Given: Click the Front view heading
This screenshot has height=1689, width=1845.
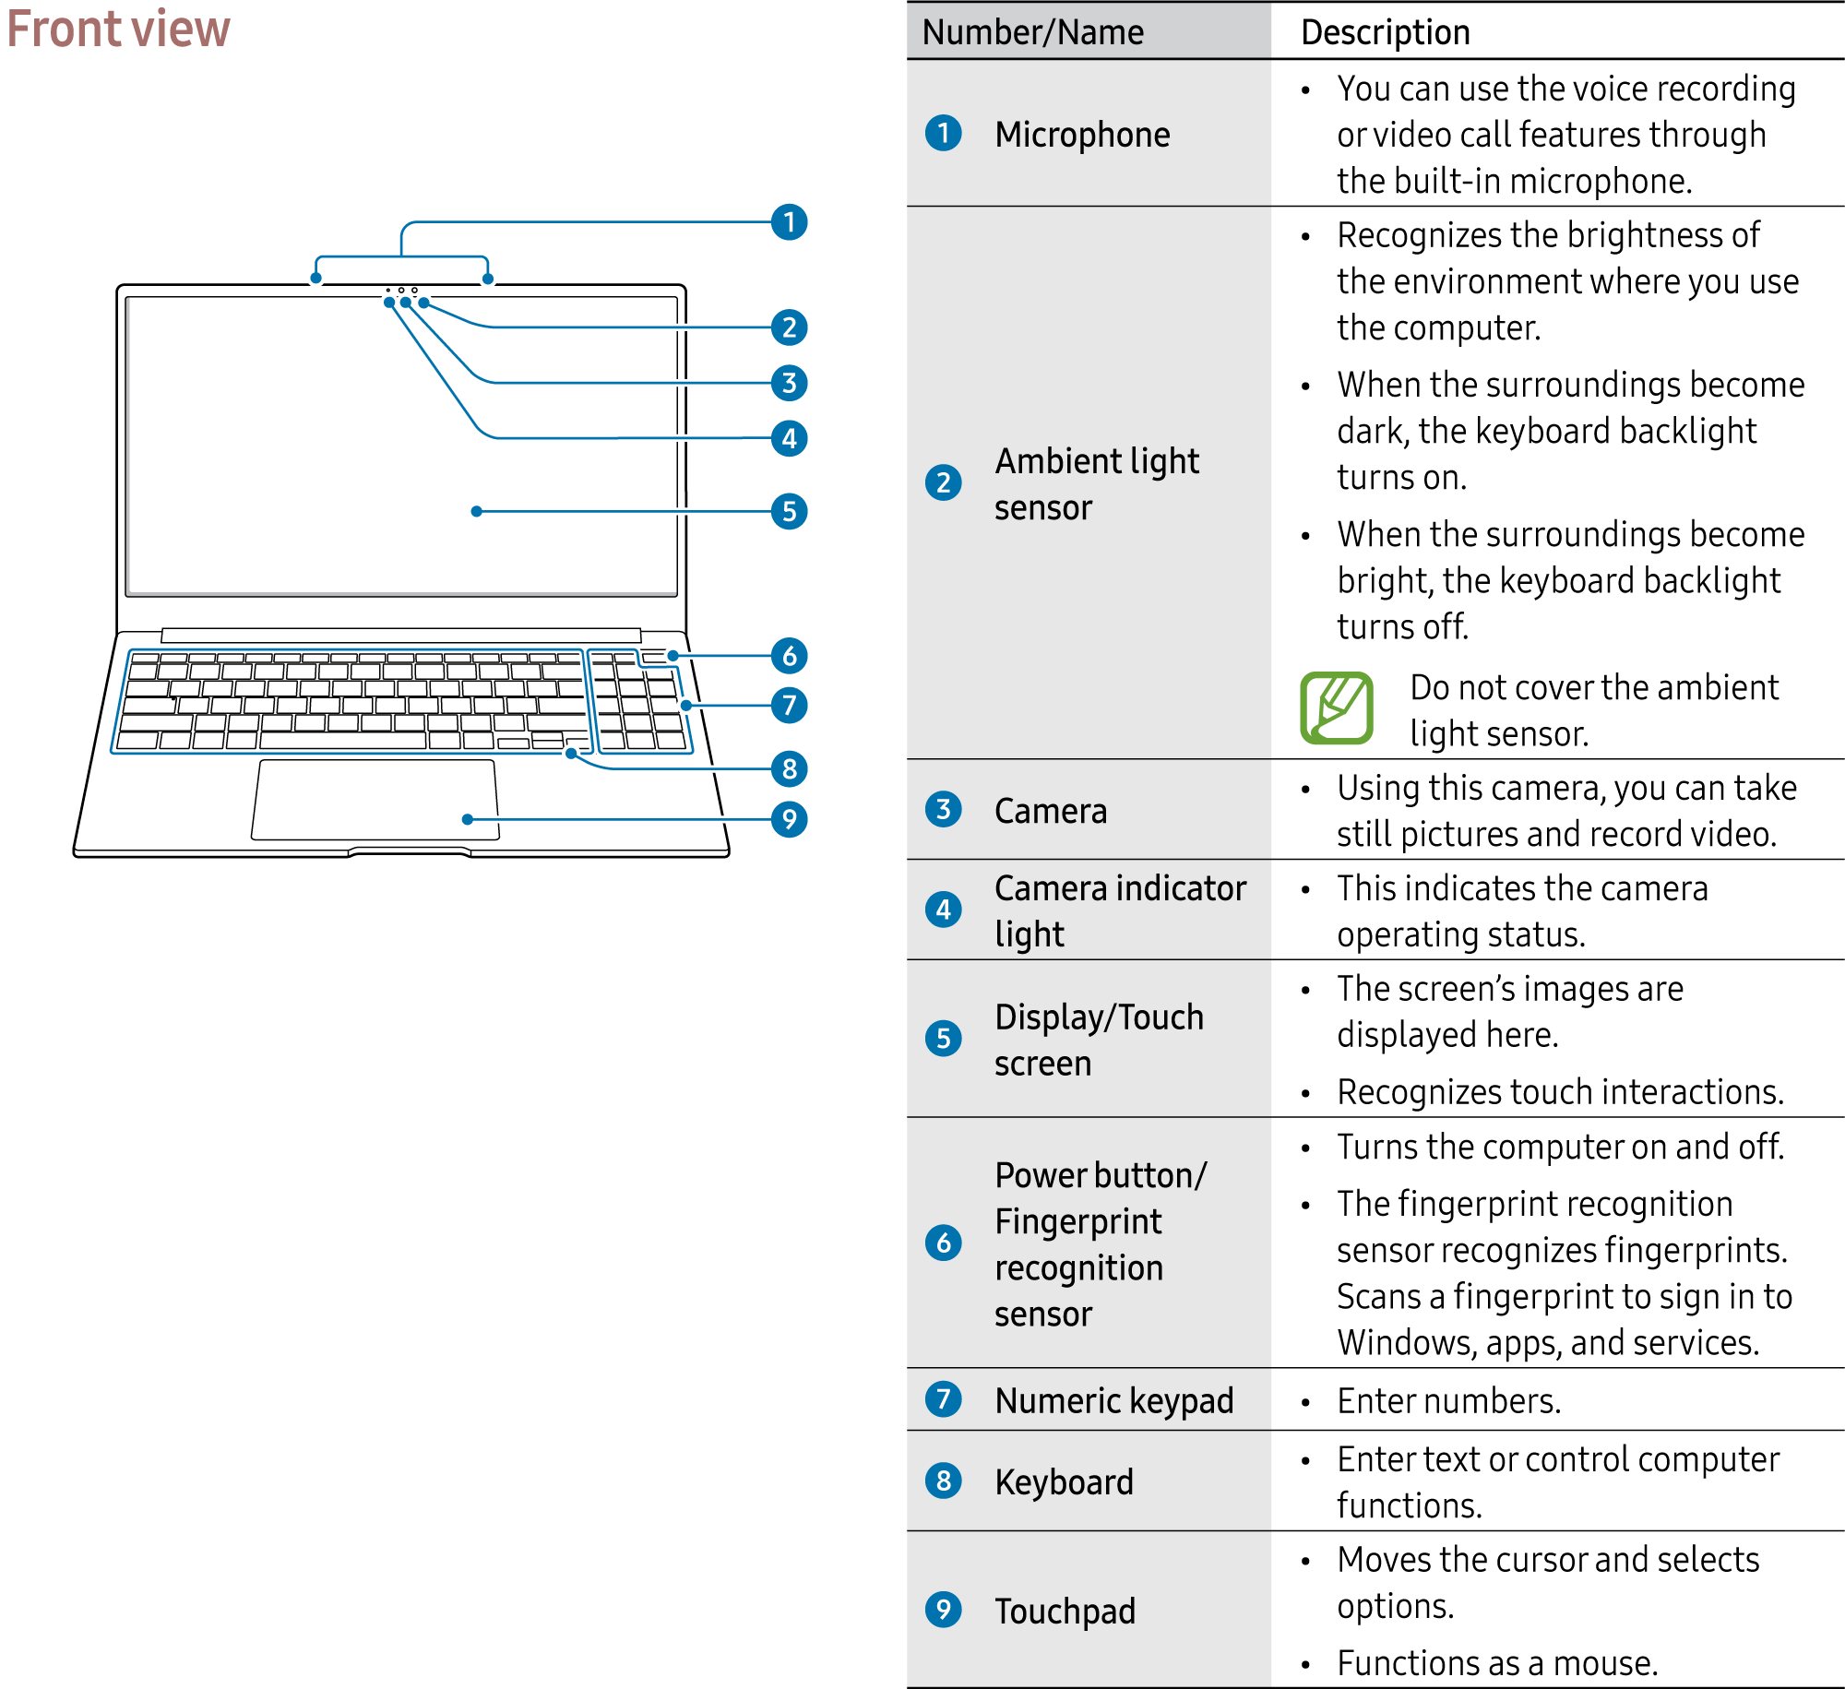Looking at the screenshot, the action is point(118,29).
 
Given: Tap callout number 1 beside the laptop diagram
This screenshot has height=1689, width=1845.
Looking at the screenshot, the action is point(789,222).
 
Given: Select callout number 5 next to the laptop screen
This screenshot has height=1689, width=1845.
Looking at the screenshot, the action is point(789,511).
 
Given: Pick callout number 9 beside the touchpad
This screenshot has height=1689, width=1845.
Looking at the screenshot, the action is point(789,819).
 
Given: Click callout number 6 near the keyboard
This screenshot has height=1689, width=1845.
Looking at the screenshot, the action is point(789,656).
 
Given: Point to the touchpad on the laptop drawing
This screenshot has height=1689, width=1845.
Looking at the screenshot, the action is point(375,799).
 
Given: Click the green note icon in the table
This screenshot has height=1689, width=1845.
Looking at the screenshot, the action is point(1337,708).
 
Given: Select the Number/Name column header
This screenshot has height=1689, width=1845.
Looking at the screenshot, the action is point(1032,32).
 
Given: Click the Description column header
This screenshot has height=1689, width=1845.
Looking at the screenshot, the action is point(1385,32).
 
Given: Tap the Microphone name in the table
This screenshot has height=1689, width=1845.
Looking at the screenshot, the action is point(1082,135).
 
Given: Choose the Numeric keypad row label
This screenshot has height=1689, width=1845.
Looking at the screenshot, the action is point(1113,1400).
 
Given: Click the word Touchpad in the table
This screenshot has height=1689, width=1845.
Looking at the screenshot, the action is point(1065,1611).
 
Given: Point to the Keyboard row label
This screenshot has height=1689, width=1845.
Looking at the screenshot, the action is point(1064,1481).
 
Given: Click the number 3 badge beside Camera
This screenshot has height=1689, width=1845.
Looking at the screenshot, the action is point(943,810).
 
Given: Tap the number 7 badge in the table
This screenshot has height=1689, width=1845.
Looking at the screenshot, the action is point(943,1399).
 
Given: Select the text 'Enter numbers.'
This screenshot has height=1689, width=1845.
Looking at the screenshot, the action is point(1449,1400).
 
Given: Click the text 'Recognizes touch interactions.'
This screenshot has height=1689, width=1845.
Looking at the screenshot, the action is point(1561,1091).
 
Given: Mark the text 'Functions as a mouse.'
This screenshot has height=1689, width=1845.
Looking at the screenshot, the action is point(1497,1663).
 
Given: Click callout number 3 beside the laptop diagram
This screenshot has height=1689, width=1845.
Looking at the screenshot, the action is point(789,383).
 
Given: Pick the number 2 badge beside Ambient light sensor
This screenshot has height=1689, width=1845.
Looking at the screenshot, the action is point(943,482).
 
